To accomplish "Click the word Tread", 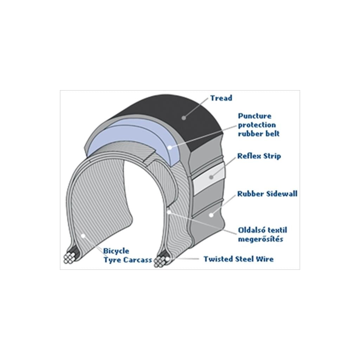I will pyautogui.click(x=221, y=98).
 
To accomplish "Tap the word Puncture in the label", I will pyautogui.click(x=255, y=116).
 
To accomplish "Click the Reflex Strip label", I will pyautogui.click(x=259, y=156).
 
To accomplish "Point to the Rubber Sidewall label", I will pyautogui.click(x=267, y=194).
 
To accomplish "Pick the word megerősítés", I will pyautogui.click(x=261, y=239).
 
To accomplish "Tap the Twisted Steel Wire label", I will pyautogui.click(x=238, y=259).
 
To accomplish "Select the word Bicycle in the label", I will pyautogui.click(x=116, y=251).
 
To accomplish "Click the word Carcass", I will pyautogui.click(x=137, y=260).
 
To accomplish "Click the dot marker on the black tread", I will pyautogui.click(x=184, y=117).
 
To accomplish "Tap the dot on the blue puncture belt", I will pyautogui.click(x=170, y=147).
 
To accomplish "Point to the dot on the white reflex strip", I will pyautogui.click(x=211, y=177).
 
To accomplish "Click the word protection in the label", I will pyautogui.click(x=257, y=125).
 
